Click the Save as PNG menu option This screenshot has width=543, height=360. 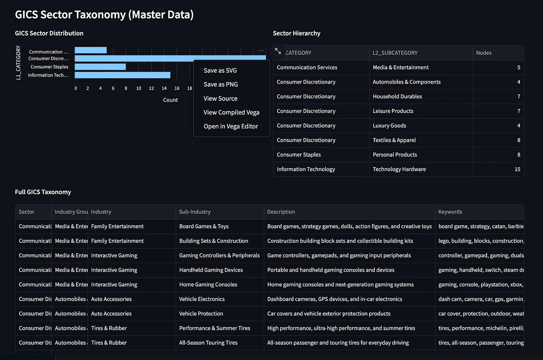(x=221, y=84)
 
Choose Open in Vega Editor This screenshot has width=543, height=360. (x=230, y=126)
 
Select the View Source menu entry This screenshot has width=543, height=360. (x=220, y=98)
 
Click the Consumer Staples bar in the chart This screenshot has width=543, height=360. (x=100, y=67)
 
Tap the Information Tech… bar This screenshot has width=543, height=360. (x=122, y=75)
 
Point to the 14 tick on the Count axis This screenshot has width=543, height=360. (x=164, y=88)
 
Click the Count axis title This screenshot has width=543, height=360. (x=170, y=100)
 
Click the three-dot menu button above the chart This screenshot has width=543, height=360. (x=261, y=50)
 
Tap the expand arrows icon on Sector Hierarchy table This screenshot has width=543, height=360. (x=278, y=51)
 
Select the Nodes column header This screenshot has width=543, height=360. (x=484, y=53)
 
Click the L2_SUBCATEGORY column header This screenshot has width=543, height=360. (x=395, y=53)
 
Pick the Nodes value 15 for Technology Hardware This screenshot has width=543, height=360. (x=517, y=169)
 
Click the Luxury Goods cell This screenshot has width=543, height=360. (x=389, y=126)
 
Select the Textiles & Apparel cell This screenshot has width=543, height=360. (x=394, y=140)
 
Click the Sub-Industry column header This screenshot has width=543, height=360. (x=195, y=212)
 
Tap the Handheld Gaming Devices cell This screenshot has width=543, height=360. (x=211, y=270)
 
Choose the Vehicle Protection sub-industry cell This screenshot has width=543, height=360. (x=201, y=314)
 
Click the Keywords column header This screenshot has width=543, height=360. (x=450, y=212)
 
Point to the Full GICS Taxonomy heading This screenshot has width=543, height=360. (x=43, y=192)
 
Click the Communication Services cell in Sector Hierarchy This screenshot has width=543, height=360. (x=307, y=68)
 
